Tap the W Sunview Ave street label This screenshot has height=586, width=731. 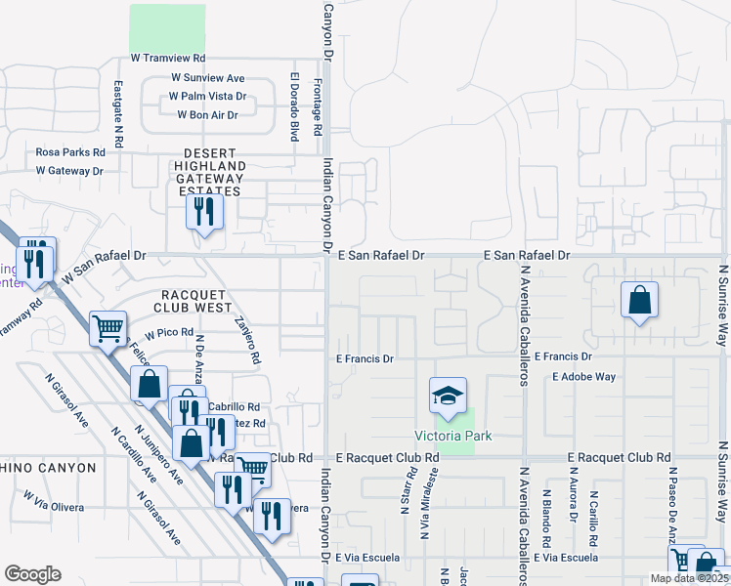[207, 78]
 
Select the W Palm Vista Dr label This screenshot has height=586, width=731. [207, 97]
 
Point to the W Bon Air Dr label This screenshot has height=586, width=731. [207, 115]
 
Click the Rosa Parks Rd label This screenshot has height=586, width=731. [70, 152]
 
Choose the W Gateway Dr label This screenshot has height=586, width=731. [69, 171]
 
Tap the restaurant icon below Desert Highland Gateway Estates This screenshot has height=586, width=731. [204, 210]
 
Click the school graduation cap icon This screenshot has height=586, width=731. [448, 396]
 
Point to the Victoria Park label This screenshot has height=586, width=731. [453, 436]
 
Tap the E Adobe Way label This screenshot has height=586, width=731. [583, 376]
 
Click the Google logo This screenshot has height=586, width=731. [32, 573]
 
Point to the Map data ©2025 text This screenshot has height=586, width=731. [688, 578]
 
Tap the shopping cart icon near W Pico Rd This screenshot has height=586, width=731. [107, 328]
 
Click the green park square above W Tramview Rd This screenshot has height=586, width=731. [168, 28]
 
